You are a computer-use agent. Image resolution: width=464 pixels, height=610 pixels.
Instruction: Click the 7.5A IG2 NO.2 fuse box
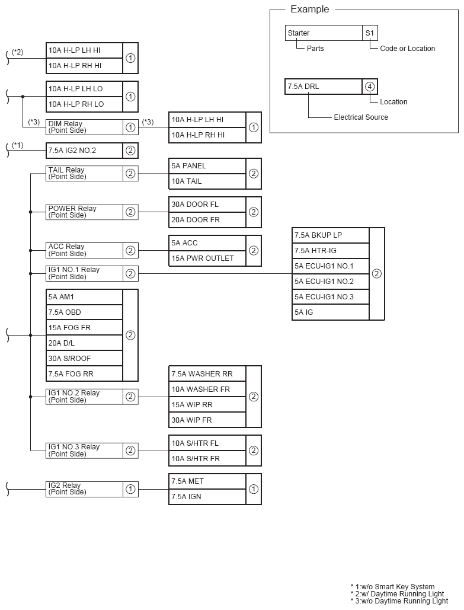point(84,151)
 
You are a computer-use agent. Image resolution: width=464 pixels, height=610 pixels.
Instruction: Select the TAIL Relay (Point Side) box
point(84,174)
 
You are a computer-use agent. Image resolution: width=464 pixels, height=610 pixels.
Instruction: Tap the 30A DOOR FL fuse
point(207,205)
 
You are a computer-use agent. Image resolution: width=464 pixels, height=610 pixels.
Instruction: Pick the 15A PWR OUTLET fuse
point(207,258)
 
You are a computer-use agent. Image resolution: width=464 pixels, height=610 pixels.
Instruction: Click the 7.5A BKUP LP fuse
point(330,235)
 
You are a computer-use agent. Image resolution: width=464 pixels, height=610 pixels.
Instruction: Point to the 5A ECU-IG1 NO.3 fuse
point(330,297)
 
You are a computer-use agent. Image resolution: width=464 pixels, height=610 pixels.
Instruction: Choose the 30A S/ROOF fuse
point(84,359)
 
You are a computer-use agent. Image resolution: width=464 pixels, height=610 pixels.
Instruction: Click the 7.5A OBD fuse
point(84,312)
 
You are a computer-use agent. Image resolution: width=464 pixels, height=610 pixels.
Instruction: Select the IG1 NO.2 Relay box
point(84,397)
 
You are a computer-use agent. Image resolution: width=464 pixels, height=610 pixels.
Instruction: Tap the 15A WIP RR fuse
point(207,405)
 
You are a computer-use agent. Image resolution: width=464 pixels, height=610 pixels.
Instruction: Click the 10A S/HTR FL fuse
point(207,443)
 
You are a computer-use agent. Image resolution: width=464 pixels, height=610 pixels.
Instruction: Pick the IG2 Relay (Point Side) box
point(84,489)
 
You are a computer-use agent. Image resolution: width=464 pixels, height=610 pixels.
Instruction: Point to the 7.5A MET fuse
point(207,481)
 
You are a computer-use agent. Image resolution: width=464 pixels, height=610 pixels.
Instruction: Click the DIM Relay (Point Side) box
point(84,127)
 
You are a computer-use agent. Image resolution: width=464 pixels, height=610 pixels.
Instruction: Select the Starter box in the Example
point(323,33)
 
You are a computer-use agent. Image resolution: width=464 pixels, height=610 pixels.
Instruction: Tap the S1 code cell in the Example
point(370,33)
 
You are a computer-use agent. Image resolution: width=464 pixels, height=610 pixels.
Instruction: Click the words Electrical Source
point(361,117)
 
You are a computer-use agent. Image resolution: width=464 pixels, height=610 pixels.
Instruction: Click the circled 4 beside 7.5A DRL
point(370,87)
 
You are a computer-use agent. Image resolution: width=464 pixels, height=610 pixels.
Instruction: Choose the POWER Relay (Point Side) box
point(84,212)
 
